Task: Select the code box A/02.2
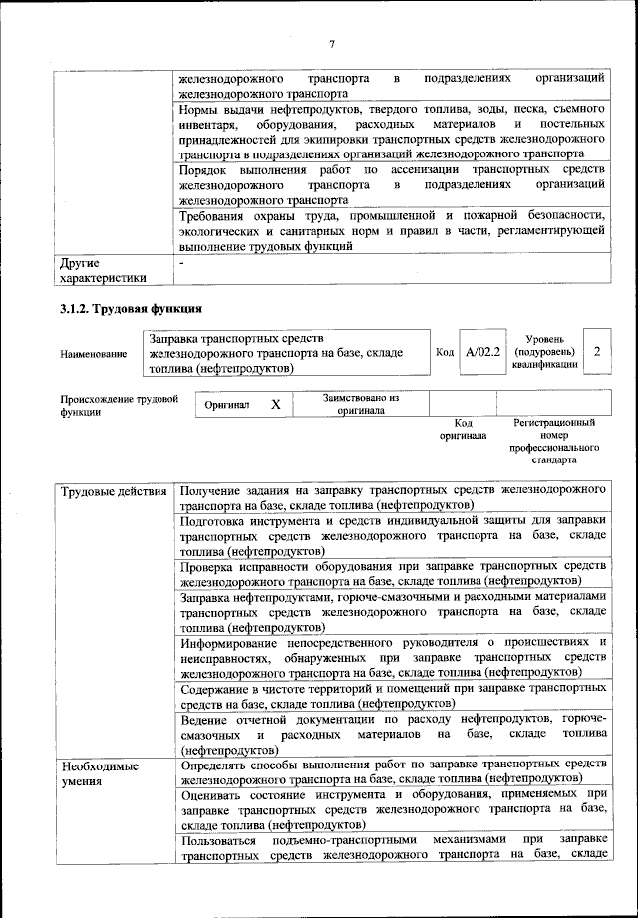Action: [x=482, y=352]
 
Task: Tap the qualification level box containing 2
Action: [x=596, y=352]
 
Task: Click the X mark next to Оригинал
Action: [x=276, y=405]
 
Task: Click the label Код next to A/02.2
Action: [x=445, y=352]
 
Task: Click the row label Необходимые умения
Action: [x=100, y=774]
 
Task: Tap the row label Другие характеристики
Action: [x=103, y=270]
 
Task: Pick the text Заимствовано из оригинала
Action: [x=361, y=403]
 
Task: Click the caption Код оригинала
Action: [x=463, y=429]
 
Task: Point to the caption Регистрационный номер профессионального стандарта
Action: [x=554, y=442]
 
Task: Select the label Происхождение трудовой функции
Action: [x=119, y=405]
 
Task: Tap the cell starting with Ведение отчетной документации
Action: [x=393, y=733]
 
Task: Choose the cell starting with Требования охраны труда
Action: [x=393, y=229]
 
